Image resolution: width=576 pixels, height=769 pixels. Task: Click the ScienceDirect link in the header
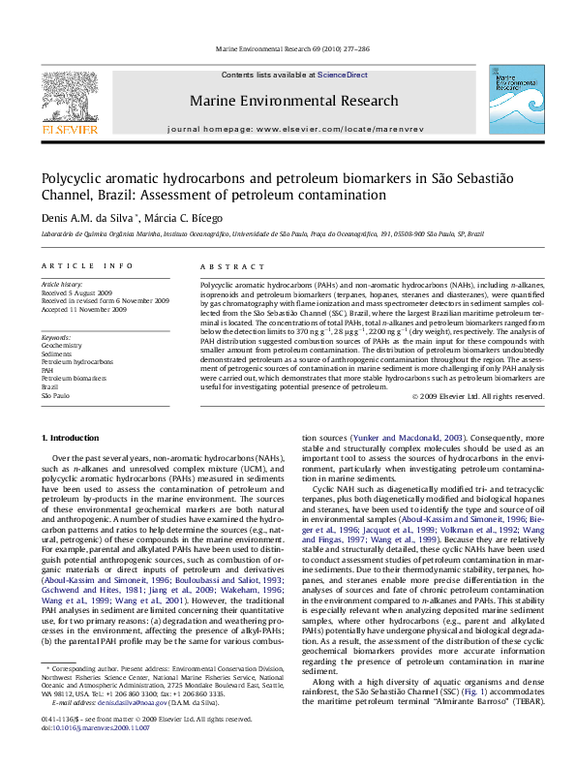(x=343, y=75)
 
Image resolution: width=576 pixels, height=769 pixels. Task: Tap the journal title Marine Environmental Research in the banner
(x=293, y=101)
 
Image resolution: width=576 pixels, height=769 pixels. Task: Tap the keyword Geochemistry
(x=62, y=344)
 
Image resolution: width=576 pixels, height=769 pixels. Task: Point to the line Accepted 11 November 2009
(x=84, y=310)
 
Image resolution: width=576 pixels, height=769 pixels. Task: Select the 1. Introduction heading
(x=71, y=438)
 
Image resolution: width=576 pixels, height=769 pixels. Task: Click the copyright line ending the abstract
(x=478, y=396)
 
